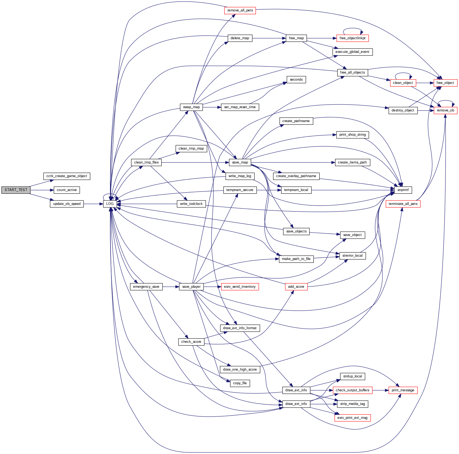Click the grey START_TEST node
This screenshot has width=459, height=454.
[x=16, y=190]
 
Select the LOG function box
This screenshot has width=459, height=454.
[x=110, y=204]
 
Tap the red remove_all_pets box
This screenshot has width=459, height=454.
[x=240, y=11]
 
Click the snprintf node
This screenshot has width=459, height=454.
[x=403, y=190]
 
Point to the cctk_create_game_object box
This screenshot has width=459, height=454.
[x=67, y=176]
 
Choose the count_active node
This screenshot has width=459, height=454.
[x=67, y=190]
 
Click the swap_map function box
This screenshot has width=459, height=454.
[x=191, y=107]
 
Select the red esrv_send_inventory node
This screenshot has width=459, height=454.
[x=240, y=287]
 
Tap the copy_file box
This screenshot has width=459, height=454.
[x=240, y=383]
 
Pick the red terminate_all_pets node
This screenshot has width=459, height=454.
[x=403, y=204]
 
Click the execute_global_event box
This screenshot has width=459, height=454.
[x=352, y=52]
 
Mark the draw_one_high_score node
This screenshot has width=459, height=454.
[x=240, y=370]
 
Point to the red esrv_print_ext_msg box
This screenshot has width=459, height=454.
[x=352, y=418]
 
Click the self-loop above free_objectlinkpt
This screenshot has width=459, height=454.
[x=352, y=28]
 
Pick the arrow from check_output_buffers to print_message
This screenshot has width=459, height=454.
[x=380, y=390]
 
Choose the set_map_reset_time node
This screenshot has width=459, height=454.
[x=240, y=107]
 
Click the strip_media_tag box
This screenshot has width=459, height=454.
[x=352, y=404]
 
